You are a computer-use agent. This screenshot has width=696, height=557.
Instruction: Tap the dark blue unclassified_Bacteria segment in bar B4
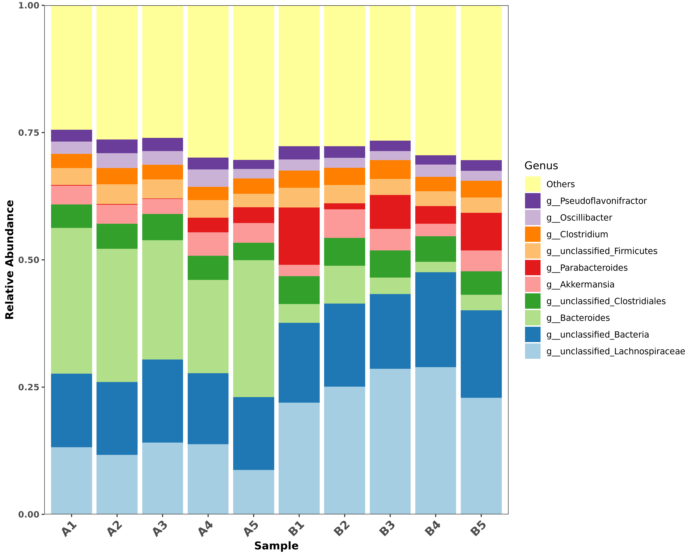click(435, 319)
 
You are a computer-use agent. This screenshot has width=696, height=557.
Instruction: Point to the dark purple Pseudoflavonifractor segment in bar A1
click(71, 136)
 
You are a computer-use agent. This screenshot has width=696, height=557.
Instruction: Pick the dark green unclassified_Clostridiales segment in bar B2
click(345, 252)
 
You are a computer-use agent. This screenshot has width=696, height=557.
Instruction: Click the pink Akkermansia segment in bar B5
click(481, 261)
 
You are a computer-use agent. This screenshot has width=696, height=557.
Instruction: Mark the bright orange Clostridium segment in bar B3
click(390, 169)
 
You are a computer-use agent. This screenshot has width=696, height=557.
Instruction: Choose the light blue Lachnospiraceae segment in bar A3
click(162, 478)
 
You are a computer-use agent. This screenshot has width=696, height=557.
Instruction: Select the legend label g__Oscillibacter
click(579, 218)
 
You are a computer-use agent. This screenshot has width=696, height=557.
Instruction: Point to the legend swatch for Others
click(532, 184)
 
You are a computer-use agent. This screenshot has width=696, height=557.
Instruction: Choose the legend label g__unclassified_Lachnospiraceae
click(615, 351)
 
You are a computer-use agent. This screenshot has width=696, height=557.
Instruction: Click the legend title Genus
click(541, 166)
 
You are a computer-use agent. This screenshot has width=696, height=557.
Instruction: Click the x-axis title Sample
click(276, 546)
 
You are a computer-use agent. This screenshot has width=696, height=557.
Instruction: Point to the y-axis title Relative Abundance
click(10, 260)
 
